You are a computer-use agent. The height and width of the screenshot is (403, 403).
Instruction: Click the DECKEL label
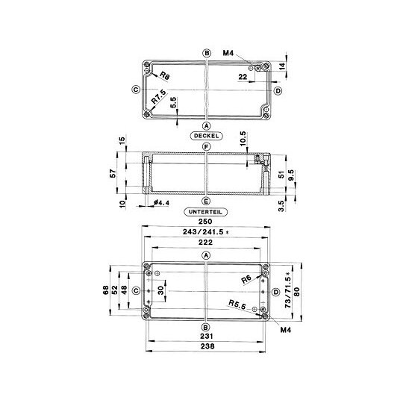click(x=206, y=136)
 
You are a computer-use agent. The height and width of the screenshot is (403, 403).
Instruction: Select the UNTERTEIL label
click(x=206, y=212)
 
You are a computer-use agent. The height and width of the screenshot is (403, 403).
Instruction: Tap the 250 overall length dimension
click(x=205, y=222)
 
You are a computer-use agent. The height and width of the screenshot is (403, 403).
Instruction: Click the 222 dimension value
click(x=206, y=242)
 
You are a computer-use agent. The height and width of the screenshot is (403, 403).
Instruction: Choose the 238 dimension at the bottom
click(x=207, y=346)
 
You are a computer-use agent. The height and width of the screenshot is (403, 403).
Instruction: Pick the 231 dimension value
click(x=207, y=336)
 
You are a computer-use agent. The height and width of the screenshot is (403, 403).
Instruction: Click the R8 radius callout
click(x=165, y=75)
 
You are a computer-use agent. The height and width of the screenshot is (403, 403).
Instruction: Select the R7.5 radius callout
click(x=158, y=96)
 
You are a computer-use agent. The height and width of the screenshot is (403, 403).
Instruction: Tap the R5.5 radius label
click(x=237, y=304)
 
